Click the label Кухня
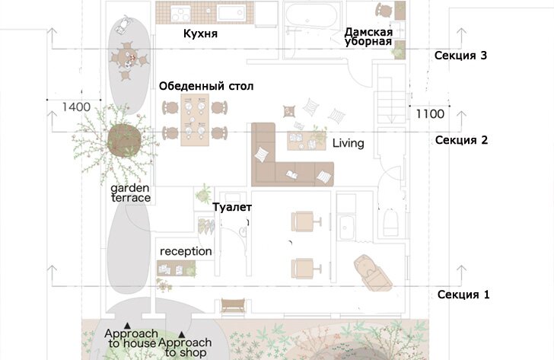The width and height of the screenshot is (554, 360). point(200,33)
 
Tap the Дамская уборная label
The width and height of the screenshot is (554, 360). point(368,37)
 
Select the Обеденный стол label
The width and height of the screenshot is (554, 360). point(206,86)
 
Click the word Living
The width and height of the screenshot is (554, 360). point(348,143)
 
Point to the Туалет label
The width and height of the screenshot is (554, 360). point(232,207)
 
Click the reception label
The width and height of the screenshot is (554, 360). point(186,251)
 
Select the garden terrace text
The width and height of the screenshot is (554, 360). point(131,193)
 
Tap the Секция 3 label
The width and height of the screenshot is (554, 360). point(460,56)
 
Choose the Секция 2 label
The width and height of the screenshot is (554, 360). point(461,140)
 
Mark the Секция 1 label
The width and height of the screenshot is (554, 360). point(463,295)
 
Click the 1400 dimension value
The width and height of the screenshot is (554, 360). point(76,107)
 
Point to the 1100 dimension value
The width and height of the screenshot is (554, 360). point(430,113)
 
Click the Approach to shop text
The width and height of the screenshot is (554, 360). point(185,347)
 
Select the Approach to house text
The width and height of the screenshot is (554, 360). point(131,338)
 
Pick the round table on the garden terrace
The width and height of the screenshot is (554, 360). point(126,56)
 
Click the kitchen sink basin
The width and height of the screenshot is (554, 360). point(231,13)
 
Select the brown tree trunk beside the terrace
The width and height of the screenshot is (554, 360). point(124,140)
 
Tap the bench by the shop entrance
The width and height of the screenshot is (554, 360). point(233,305)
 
